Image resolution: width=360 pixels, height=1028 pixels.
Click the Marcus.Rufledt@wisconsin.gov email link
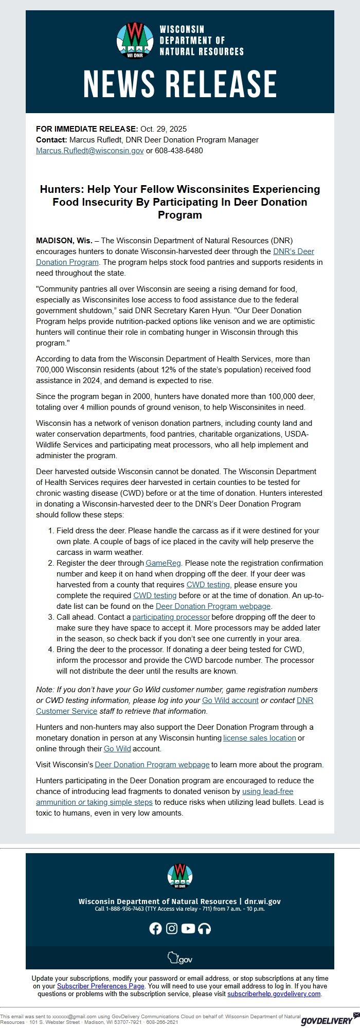[x=89, y=151]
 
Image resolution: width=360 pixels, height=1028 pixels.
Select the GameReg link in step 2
[x=160, y=563]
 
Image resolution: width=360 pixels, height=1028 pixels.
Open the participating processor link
[x=171, y=617]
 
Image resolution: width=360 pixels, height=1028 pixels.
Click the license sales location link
[x=259, y=738]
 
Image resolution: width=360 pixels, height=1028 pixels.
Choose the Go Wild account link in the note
[x=230, y=700]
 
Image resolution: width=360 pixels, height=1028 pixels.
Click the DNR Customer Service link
[x=67, y=711]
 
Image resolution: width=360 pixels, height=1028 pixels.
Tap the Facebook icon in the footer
[x=155, y=928]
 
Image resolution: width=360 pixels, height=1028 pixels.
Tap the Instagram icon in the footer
[x=172, y=928]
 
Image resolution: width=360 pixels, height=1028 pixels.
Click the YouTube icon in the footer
[x=188, y=928]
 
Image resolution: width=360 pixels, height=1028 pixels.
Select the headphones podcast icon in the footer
[x=204, y=928]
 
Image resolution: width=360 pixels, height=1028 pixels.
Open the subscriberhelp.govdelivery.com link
[x=274, y=994]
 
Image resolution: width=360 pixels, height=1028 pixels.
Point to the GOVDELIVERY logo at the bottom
[x=328, y=1020]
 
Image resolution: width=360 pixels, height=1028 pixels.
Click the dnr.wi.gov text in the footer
[x=262, y=901]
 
